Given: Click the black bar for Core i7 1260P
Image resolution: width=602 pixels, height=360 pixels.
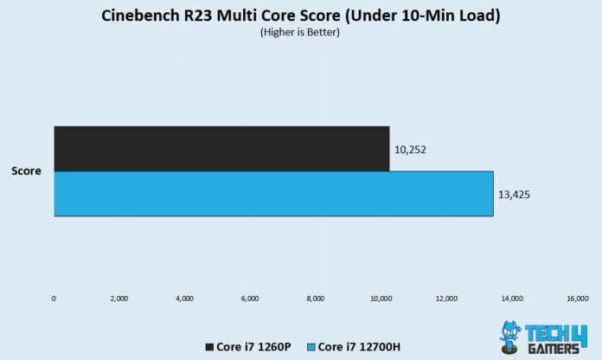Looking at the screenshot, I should click(x=221, y=148).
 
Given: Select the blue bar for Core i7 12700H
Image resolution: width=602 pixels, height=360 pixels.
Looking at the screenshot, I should click(x=273, y=194).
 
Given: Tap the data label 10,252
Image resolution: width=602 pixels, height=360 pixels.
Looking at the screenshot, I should click(x=409, y=150).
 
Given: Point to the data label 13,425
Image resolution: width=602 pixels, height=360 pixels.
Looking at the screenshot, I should click(x=513, y=194).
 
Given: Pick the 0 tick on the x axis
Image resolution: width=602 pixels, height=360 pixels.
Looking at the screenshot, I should click(x=54, y=299).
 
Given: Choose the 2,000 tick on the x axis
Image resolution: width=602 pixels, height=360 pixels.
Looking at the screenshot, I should click(x=119, y=299).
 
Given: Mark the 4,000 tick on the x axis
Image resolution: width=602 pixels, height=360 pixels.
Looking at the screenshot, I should click(x=184, y=299).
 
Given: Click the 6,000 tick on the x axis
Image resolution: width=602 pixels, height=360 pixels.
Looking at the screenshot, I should click(x=250, y=299).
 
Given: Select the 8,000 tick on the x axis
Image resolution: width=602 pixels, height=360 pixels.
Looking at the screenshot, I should click(x=316, y=299).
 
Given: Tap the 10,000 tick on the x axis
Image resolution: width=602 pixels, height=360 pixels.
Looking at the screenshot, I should click(x=381, y=299).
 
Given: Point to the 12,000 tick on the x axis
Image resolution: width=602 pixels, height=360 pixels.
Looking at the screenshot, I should click(x=446, y=299).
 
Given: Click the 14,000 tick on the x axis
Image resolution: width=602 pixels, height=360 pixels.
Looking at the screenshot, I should click(x=511, y=299).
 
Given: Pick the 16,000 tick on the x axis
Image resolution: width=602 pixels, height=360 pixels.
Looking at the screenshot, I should click(x=577, y=299).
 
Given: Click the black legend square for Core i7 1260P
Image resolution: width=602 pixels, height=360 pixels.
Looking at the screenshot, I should click(x=210, y=347).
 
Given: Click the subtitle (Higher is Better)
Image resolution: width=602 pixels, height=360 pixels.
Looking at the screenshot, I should click(x=301, y=33).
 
